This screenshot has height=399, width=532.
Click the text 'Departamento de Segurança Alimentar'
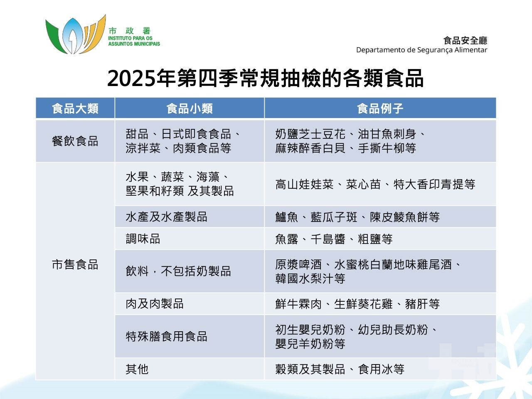click(x=421, y=50)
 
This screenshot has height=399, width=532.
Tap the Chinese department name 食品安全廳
click(x=465, y=40)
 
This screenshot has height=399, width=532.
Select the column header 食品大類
click(x=75, y=108)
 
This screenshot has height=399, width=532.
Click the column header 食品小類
click(x=190, y=108)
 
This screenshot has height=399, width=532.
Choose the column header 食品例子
click(x=380, y=108)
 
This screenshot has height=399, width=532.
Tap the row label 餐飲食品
click(x=75, y=141)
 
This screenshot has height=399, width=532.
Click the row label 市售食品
click(x=75, y=264)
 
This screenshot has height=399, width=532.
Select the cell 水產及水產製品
click(x=166, y=217)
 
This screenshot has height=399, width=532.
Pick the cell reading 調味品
click(x=143, y=239)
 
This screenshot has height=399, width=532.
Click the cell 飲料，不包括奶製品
click(x=178, y=271)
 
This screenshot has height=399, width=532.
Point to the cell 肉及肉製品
click(x=155, y=304)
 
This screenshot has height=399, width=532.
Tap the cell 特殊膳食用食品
click(x=166, y=336)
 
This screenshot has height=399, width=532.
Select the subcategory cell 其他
click(x=137, y=369)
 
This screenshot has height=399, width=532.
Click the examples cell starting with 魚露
click(x=334, y=239)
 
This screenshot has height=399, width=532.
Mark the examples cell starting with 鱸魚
click(x=357, y=217)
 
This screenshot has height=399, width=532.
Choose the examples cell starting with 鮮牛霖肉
click(x=357, y=304)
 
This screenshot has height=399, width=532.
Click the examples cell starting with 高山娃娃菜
click(x=375, y=185)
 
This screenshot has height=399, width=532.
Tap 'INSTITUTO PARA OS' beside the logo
click(x=131, y=38)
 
